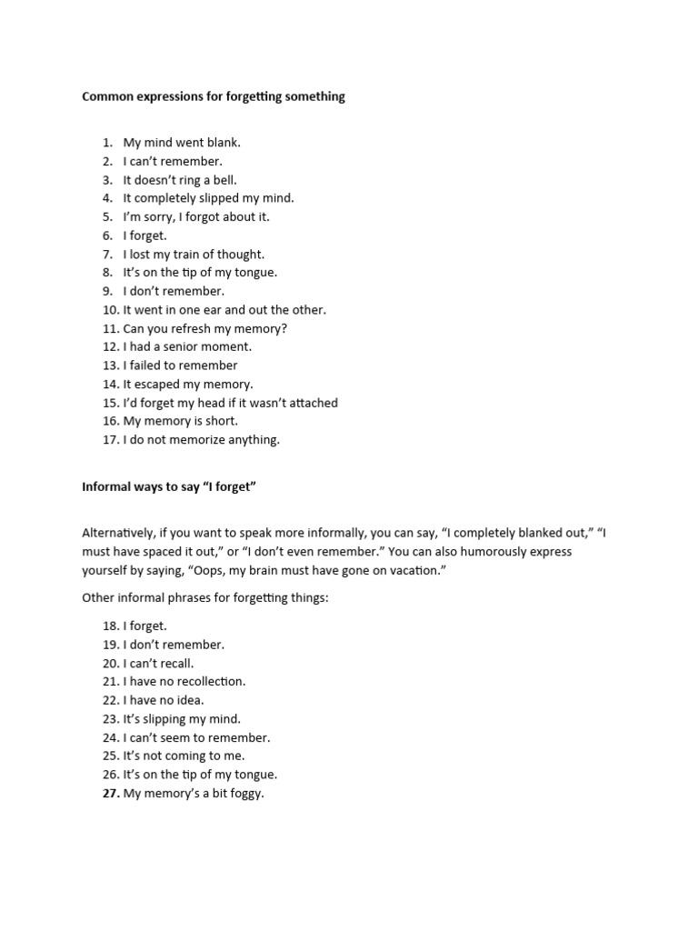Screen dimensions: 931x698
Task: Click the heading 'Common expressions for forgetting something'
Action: pyautogui.click(x=214, y=96)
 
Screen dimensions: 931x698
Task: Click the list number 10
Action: pyautogui.click(x=110, y=310)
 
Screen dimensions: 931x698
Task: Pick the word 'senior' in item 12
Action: pyautogui.click(x=185, y=346)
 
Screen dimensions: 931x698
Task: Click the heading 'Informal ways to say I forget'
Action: pyautogui.click(x=170, y=487)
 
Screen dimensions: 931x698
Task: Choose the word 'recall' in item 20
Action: pyautogui.click(x=175, y=663)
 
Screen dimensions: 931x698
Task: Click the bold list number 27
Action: pyautogui.click(x=110, y=794)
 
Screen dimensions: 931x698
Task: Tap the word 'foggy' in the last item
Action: pyautogui.click(x=244, y=794)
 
